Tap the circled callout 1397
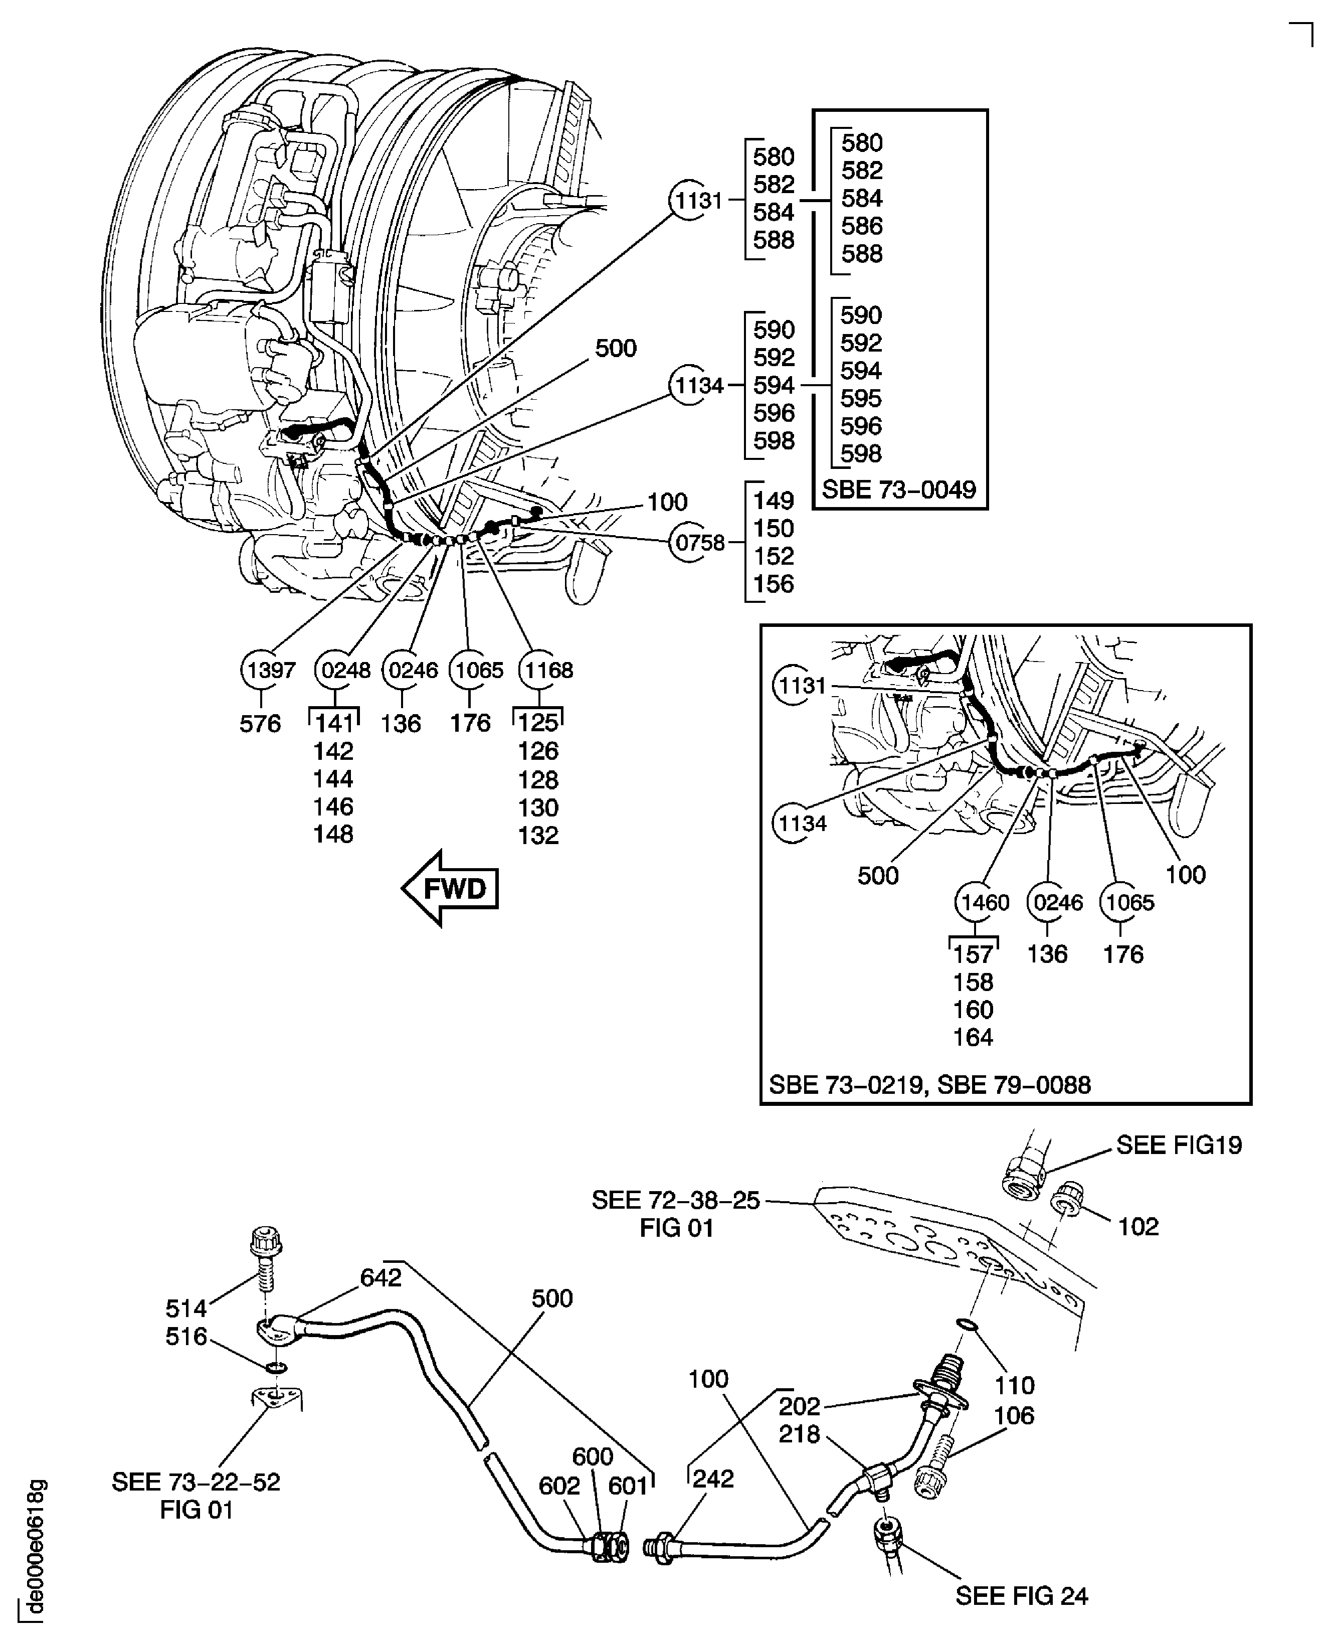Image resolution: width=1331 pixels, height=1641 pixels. click(x=264, y=670)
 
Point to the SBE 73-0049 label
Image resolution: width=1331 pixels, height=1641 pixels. click(x=898, y=489)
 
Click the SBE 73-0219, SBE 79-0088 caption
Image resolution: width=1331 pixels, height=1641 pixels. click(x=929, y=1085)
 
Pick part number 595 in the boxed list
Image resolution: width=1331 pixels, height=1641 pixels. click(x=860, y=398)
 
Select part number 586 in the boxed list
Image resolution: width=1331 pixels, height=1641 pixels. click(x=862, y=226)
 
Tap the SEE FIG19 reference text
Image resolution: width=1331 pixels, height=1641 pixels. click(x=1179, y=1145)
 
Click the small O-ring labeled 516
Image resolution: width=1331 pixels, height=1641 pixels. click(x=277, y=1368)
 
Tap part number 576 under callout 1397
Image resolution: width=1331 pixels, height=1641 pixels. click(x=260, y=723)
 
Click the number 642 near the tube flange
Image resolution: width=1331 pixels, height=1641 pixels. click(x=381, y=1277)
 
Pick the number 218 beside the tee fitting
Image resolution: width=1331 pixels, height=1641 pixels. click(x=799, y=1434)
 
